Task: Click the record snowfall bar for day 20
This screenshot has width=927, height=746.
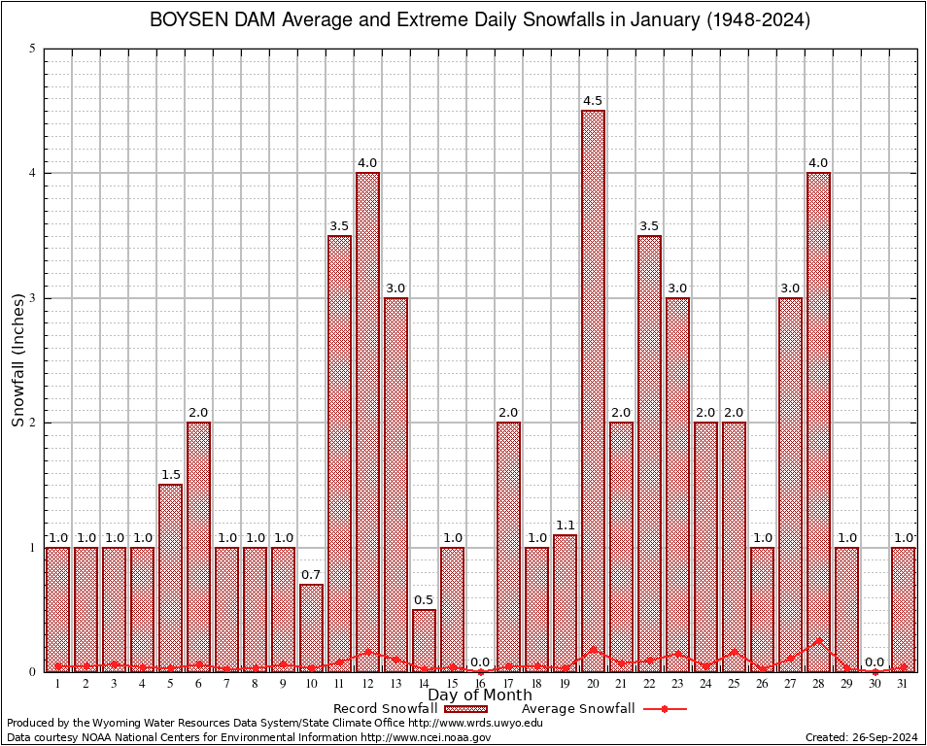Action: click(593, 389)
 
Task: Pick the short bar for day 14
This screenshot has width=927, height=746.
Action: click(424, 640)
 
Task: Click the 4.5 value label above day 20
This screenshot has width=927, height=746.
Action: click(593, 101)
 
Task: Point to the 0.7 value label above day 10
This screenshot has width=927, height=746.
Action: click(311, 575)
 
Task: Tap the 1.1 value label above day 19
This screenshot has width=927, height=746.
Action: click(565, 526)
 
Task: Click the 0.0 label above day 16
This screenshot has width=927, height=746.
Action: click(480, 662)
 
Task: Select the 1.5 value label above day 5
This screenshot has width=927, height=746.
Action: click(170, 475)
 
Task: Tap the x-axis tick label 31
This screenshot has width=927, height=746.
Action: click(903, 684)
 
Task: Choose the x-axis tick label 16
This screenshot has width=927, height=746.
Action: click(480, 684)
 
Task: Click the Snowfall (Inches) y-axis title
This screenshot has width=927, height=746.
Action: click(17, 360)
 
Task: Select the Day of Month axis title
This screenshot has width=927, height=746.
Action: click(479, 695)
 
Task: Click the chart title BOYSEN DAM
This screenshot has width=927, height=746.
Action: click(479, 20)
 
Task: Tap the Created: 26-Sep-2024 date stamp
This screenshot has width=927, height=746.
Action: click(861, 737)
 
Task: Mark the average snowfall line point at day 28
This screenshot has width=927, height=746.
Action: click(818, 641)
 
